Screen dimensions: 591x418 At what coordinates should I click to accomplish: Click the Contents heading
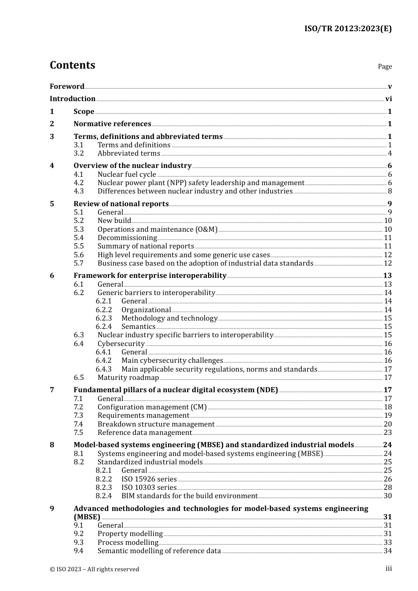(x=72, y=65)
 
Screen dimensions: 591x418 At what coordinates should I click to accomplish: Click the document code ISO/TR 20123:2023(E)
(x=348, y=29)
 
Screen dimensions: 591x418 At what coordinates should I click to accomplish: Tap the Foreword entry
(x=67, y=87)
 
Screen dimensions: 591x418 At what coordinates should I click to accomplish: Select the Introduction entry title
(x=72, y=99)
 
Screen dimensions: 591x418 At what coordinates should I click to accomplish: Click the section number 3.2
(x=78, y=153)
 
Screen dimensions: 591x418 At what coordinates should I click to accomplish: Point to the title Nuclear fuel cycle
(x=127, y=175)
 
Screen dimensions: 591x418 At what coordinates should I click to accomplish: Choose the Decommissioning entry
(x=127, y=238)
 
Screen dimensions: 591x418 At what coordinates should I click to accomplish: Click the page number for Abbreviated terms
(x=389, y=153)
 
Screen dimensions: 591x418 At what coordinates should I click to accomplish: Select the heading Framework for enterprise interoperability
(x=150, y=276)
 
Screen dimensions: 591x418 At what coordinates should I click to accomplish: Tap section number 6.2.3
(x=103, y=318)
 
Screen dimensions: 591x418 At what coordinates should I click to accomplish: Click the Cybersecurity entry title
(x=121, y=344)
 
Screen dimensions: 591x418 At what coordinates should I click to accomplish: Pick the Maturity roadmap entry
(x=128, y=378)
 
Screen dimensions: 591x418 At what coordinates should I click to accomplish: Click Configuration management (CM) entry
(x=152, y=407)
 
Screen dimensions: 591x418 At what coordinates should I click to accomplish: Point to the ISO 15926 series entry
(x=149, y=479)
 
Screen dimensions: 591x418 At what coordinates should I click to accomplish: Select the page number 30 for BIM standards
(x=388, y=496)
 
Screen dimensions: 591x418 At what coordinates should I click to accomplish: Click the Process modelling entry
(x=128, y=543)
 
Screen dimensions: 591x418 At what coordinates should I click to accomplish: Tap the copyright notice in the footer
(x=94, y=569)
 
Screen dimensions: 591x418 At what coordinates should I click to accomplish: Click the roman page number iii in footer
(x=389, y=569)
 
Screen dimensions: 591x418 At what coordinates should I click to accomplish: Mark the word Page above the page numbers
(x=385, y=66)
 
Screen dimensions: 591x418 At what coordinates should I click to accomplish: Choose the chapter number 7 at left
(x=52, y=390)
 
